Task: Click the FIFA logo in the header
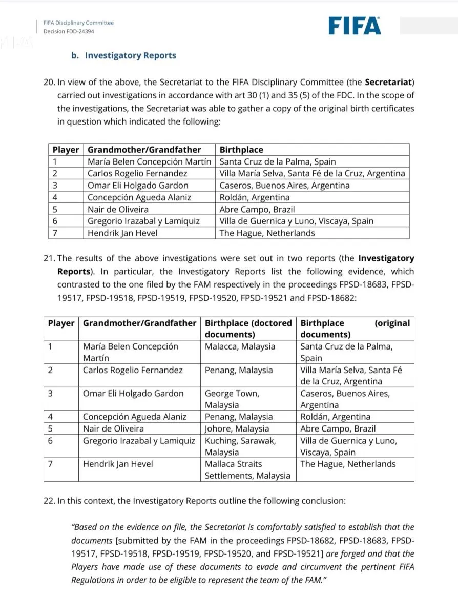click(355, 26)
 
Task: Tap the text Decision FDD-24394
click(69, 31)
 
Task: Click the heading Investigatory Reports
click(130, 55)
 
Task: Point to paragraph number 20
click(49, 82)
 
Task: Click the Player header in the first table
click(66, 150)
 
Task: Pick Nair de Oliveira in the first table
click(118, 209)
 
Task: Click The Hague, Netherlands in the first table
click(267, 233)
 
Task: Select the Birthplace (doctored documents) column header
click(248, 329)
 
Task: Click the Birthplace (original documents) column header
click(355, 329)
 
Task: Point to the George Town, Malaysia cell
click(232, 399)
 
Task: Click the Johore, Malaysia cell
click(237, 428)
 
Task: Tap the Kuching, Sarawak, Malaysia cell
click(240, 446)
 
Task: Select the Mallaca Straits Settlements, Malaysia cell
click(247, 469)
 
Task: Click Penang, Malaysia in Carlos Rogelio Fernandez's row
click(239, 370)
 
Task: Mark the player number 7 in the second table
click(50, 464)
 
